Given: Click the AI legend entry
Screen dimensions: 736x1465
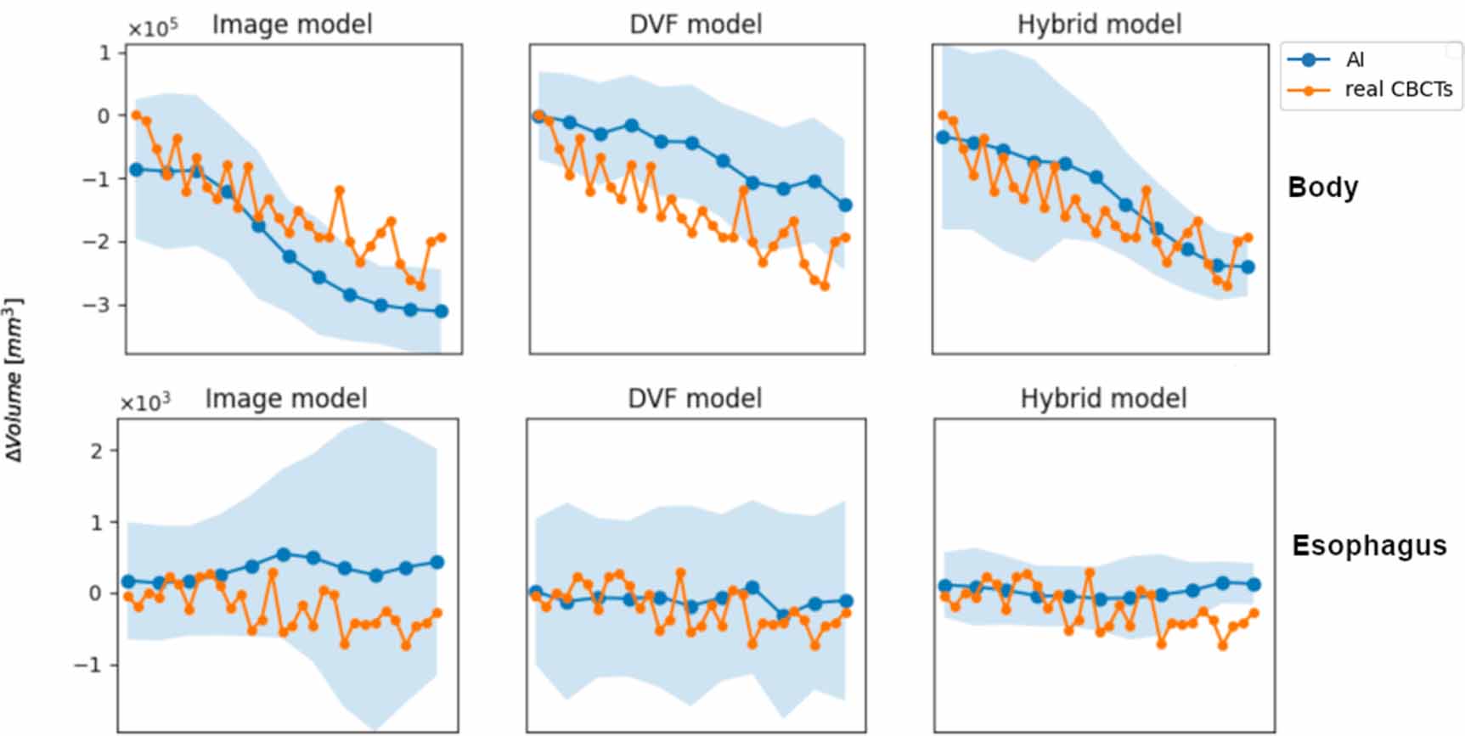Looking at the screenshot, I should click(1355, 59).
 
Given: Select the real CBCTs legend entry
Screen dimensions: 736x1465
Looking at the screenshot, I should click(1397, 89).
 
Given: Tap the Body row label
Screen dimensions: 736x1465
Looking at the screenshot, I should click(1322, 187).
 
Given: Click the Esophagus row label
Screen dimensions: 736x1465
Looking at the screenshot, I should click(1368, 545).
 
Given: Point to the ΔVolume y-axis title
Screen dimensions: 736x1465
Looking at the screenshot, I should click(14, 379).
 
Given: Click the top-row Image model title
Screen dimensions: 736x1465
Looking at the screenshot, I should click(292, 24).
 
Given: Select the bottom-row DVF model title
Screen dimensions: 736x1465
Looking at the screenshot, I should click(695, 398).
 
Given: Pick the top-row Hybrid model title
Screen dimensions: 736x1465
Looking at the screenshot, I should click(1099, 24).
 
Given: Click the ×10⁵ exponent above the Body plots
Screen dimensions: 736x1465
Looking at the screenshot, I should click(153, 28).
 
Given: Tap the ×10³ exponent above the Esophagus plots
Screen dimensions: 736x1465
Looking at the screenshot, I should click(145, 402).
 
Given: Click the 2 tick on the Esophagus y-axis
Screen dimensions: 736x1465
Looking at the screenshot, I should click(98, 451).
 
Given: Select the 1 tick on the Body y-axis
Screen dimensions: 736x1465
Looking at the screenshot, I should click(105, 53).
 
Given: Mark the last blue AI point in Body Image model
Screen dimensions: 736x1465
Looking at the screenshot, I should click(441, 312).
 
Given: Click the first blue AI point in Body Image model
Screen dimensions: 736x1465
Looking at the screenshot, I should click(136, 170).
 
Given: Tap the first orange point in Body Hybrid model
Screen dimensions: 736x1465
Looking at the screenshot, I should click(943, 115).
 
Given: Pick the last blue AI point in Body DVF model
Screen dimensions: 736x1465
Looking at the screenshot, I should click(845, 205).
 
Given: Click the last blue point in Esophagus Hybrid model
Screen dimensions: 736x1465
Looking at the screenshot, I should click(1254, 584).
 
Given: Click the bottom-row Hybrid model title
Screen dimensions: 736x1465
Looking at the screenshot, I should click(1103, 398).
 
